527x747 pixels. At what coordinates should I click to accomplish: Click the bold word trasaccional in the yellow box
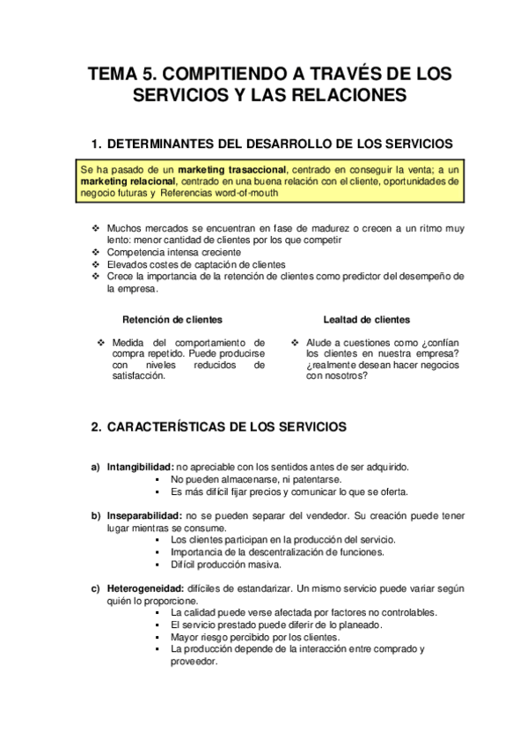252,168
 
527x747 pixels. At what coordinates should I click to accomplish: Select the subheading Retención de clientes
172,320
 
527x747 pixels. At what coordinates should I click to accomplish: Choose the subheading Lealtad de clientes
366,320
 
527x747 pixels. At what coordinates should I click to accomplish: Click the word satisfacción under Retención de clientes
139,376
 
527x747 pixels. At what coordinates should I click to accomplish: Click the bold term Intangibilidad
140,467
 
